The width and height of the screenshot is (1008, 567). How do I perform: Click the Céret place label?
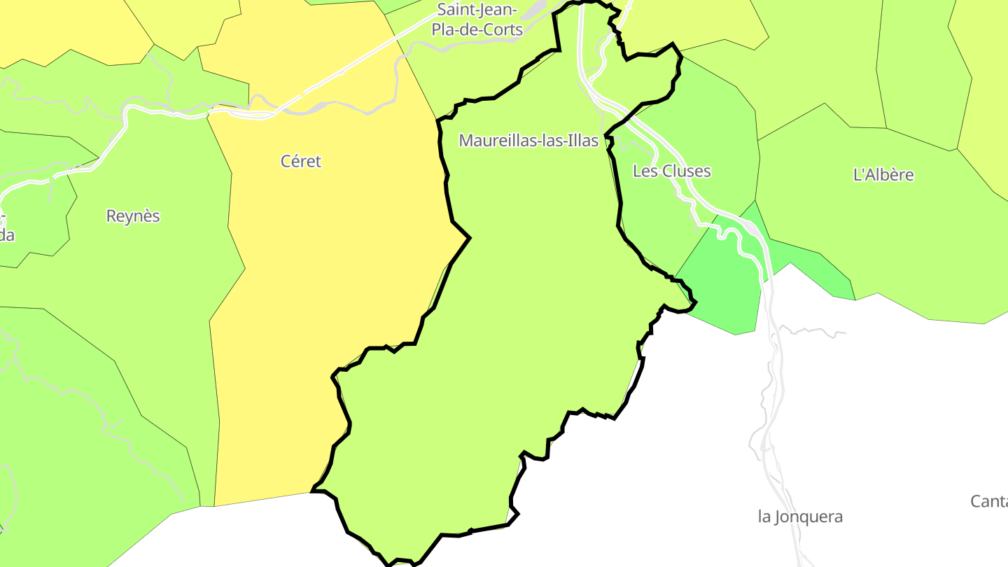tap(301, 161)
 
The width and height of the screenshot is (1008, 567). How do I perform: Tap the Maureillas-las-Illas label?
tap(528, 141)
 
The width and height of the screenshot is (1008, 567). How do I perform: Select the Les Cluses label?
tap(671, 171)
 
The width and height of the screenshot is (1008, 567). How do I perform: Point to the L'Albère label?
tap(883, 174)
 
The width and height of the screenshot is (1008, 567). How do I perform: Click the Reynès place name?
tap(133, 216)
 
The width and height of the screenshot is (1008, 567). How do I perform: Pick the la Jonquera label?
tap(800, 517)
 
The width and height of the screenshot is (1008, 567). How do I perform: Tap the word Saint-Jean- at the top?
tap(477, 10)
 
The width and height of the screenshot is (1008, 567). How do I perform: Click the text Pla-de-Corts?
tap(477, 29)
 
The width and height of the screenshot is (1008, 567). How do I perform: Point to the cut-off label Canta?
tap(988, 501)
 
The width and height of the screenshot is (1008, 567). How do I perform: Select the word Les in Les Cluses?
tap(645, 171)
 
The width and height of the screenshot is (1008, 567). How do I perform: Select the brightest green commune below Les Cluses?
tap(724, 287)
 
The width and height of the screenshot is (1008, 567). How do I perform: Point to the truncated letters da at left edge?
tap(6, 235)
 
